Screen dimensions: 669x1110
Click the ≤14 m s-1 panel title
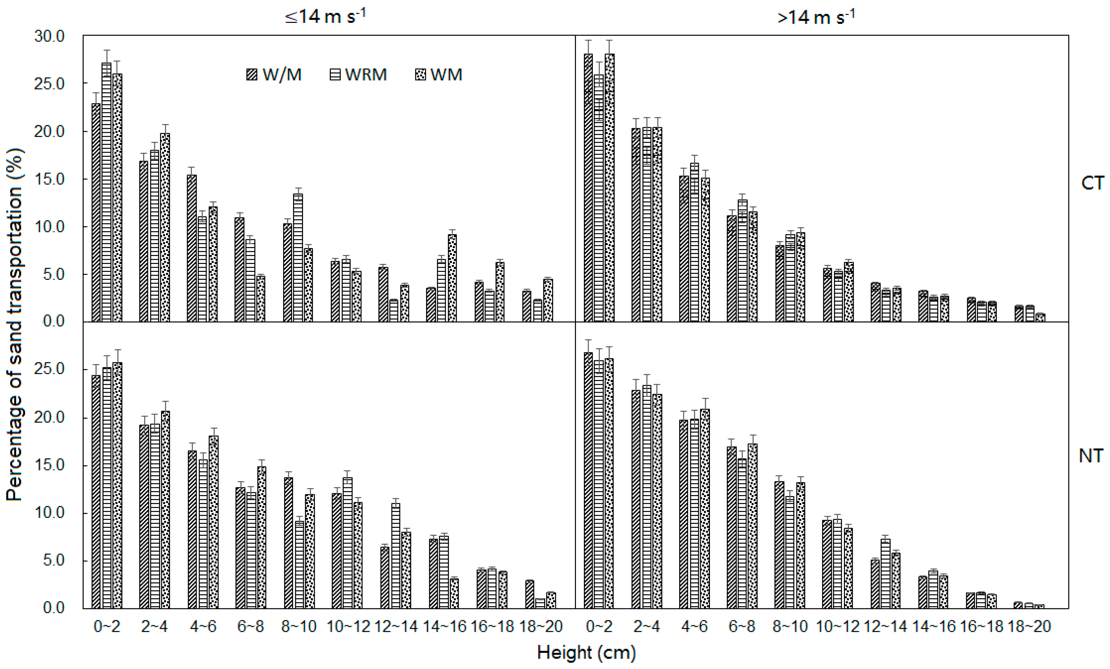[325, 17]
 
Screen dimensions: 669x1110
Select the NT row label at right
[1091, 456]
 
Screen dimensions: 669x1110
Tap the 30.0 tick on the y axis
[49, 36]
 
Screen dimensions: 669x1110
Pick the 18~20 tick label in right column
[1029, 626]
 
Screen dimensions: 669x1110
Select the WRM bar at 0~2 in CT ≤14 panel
[107, 193]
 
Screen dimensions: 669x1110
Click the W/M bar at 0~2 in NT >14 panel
[588, 482]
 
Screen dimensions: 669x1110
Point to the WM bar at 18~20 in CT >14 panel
[1040, 318]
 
